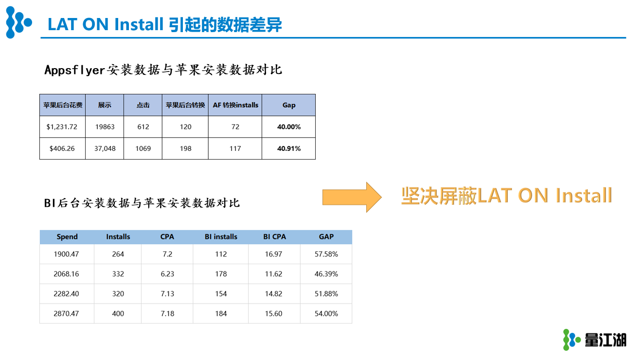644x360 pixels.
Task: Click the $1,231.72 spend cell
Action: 62,127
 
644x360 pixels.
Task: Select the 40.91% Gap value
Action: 288,148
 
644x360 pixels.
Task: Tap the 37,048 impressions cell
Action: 105,148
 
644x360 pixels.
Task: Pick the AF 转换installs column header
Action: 235,105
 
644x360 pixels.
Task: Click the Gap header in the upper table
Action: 288,105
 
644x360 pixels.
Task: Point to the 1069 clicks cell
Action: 143,148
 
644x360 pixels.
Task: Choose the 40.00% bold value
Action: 288,127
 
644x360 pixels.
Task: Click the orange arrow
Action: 352,197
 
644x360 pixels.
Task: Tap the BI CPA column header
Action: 274,236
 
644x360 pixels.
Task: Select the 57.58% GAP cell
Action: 326,254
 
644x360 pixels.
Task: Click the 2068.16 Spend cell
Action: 66,274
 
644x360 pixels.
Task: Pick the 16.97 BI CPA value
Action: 273,254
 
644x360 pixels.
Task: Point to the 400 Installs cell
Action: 118,313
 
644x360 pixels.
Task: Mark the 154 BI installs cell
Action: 221,293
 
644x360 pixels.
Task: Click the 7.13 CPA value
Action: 167,293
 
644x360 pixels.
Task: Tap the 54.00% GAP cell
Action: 326,313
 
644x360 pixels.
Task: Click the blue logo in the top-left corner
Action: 18,22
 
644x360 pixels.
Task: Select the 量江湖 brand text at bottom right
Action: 606,340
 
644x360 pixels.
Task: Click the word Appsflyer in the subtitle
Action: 74,70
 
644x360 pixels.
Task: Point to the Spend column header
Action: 67,236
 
